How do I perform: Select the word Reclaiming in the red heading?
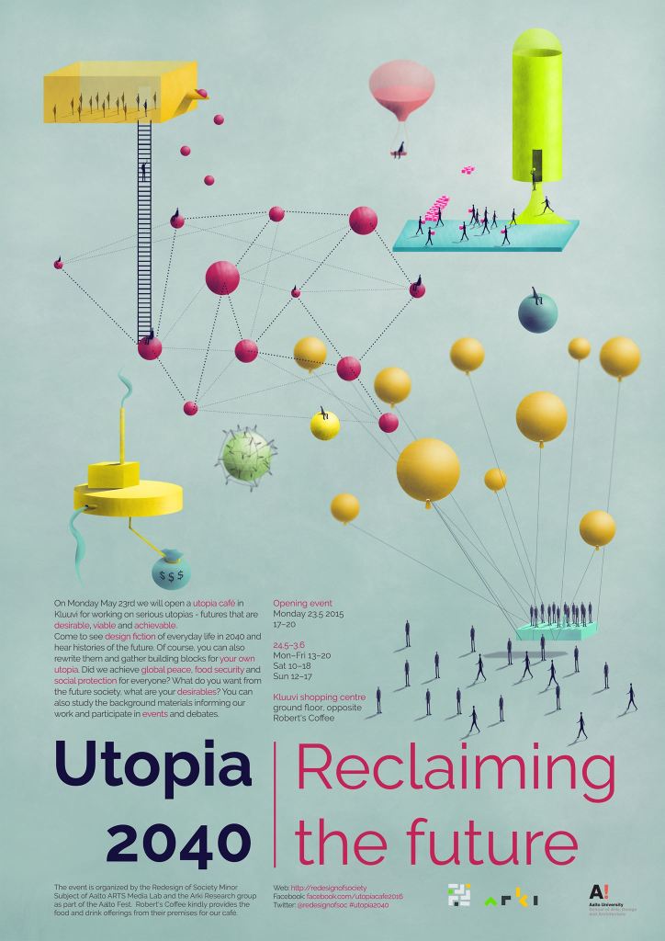click(456, 770)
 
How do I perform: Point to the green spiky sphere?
click(247, 454)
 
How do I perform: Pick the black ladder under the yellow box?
click(144, 230)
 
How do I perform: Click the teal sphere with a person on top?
click(537, 312)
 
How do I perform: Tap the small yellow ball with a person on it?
click(324, 425)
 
